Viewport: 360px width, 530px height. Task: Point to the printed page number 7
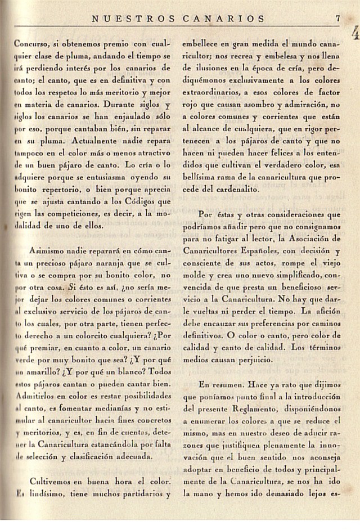click(x=337, y=17)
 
